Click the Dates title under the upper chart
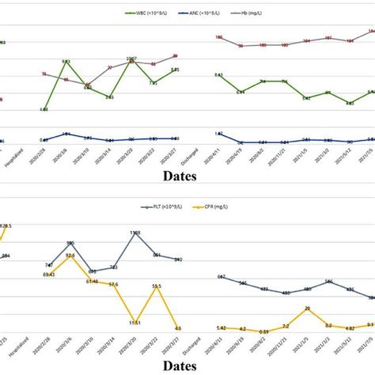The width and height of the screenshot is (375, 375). pos(187,172)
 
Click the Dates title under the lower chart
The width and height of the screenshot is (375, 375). pos(187,366)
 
